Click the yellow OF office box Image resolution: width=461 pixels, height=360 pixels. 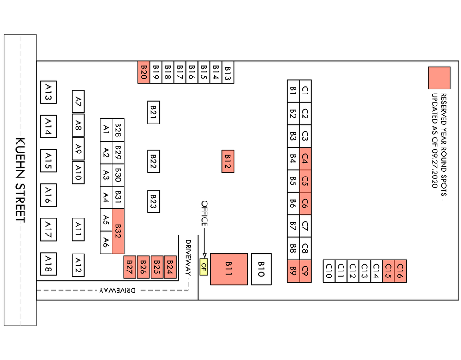(x=204, y=267)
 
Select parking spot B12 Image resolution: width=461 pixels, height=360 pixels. (x=228, y=161)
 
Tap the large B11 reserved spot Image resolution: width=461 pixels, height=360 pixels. (x=229, y=269)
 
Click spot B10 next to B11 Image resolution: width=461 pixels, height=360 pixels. (x=261, y=269)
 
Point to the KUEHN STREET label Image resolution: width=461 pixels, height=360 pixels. (x=20, y=180)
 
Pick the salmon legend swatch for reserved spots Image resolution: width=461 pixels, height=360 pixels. (x=439, y=78)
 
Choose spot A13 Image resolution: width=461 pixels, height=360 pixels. (x=48, y=92)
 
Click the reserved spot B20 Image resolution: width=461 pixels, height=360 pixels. (x=144, y=72)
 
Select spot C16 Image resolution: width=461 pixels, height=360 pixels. (x=401, y=271)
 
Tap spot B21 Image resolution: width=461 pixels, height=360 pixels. (x=154, y=112)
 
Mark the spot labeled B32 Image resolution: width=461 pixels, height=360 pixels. (x=118, y=231)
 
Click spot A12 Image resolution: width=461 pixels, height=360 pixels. (x=78, y=265)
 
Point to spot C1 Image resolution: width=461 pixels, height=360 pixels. (x=305, y=91)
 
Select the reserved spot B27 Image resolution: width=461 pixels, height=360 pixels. (x=130, y=267)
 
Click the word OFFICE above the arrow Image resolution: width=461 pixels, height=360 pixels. (x=205, y=213)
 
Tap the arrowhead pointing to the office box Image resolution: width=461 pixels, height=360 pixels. (x=204, y=256)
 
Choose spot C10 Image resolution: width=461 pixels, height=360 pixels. (x=329, y=271)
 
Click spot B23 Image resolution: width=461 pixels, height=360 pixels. (x=154, y=201)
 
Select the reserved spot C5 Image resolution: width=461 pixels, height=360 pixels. (x=305, y=181)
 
